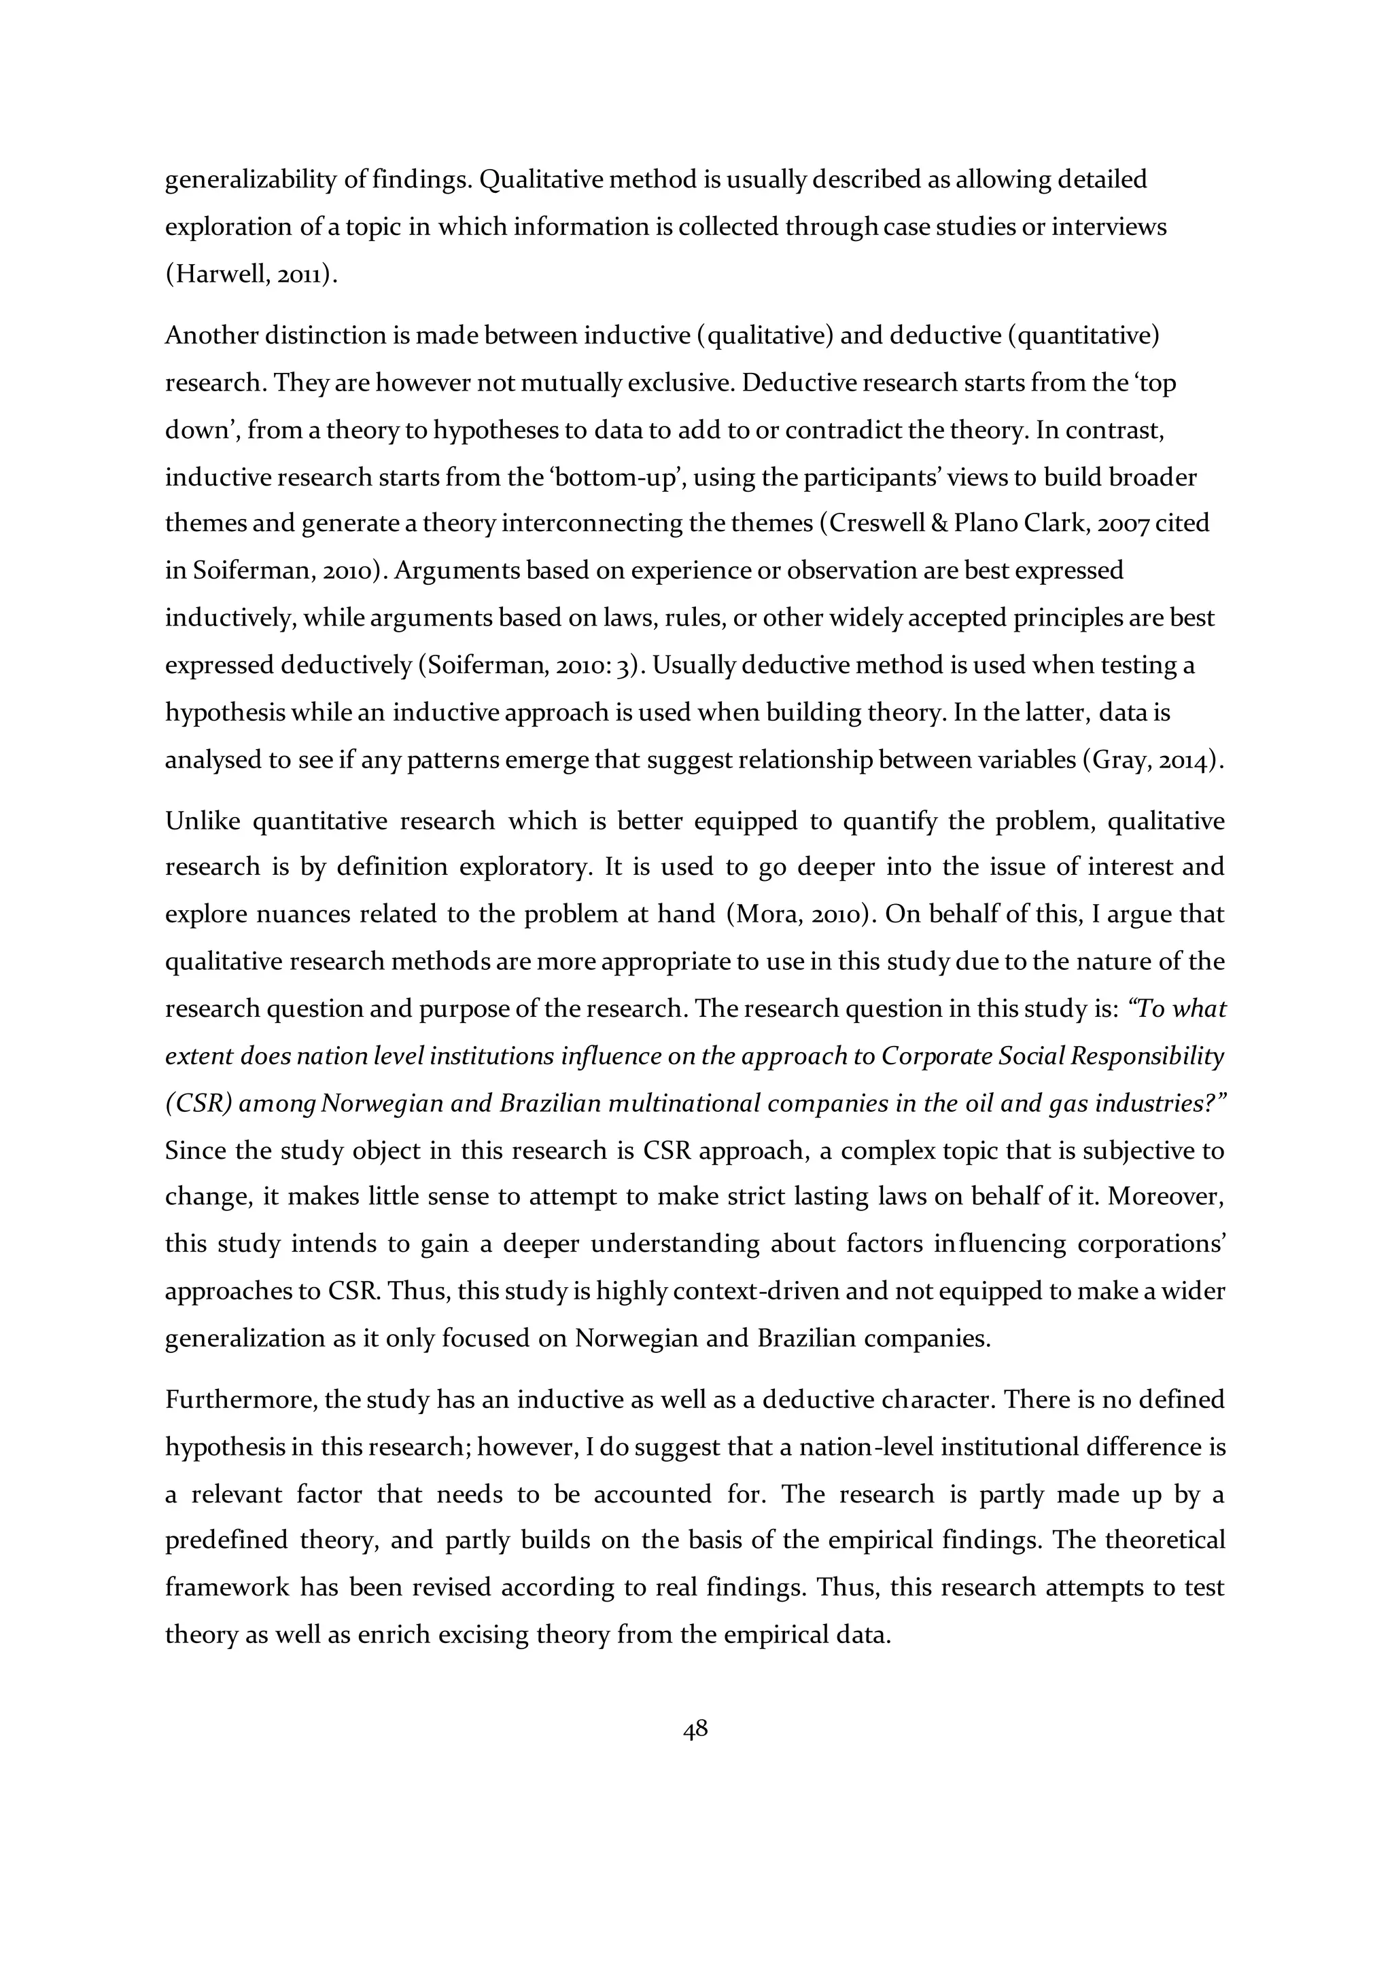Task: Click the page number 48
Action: tap(695, 1729)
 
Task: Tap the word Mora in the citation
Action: tap(761, 914)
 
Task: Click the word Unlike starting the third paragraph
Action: tap(200, 820)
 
